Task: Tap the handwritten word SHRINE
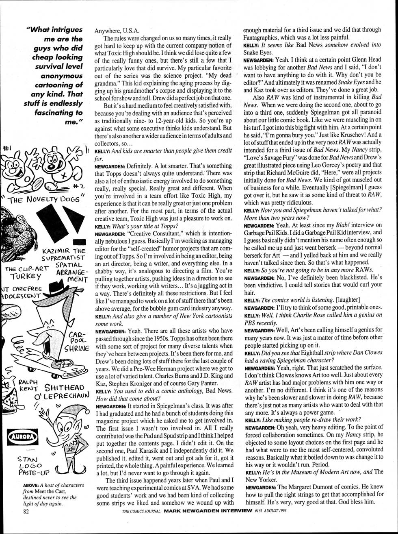tap(76, 349)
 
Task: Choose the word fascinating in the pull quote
tap(54, 113)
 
